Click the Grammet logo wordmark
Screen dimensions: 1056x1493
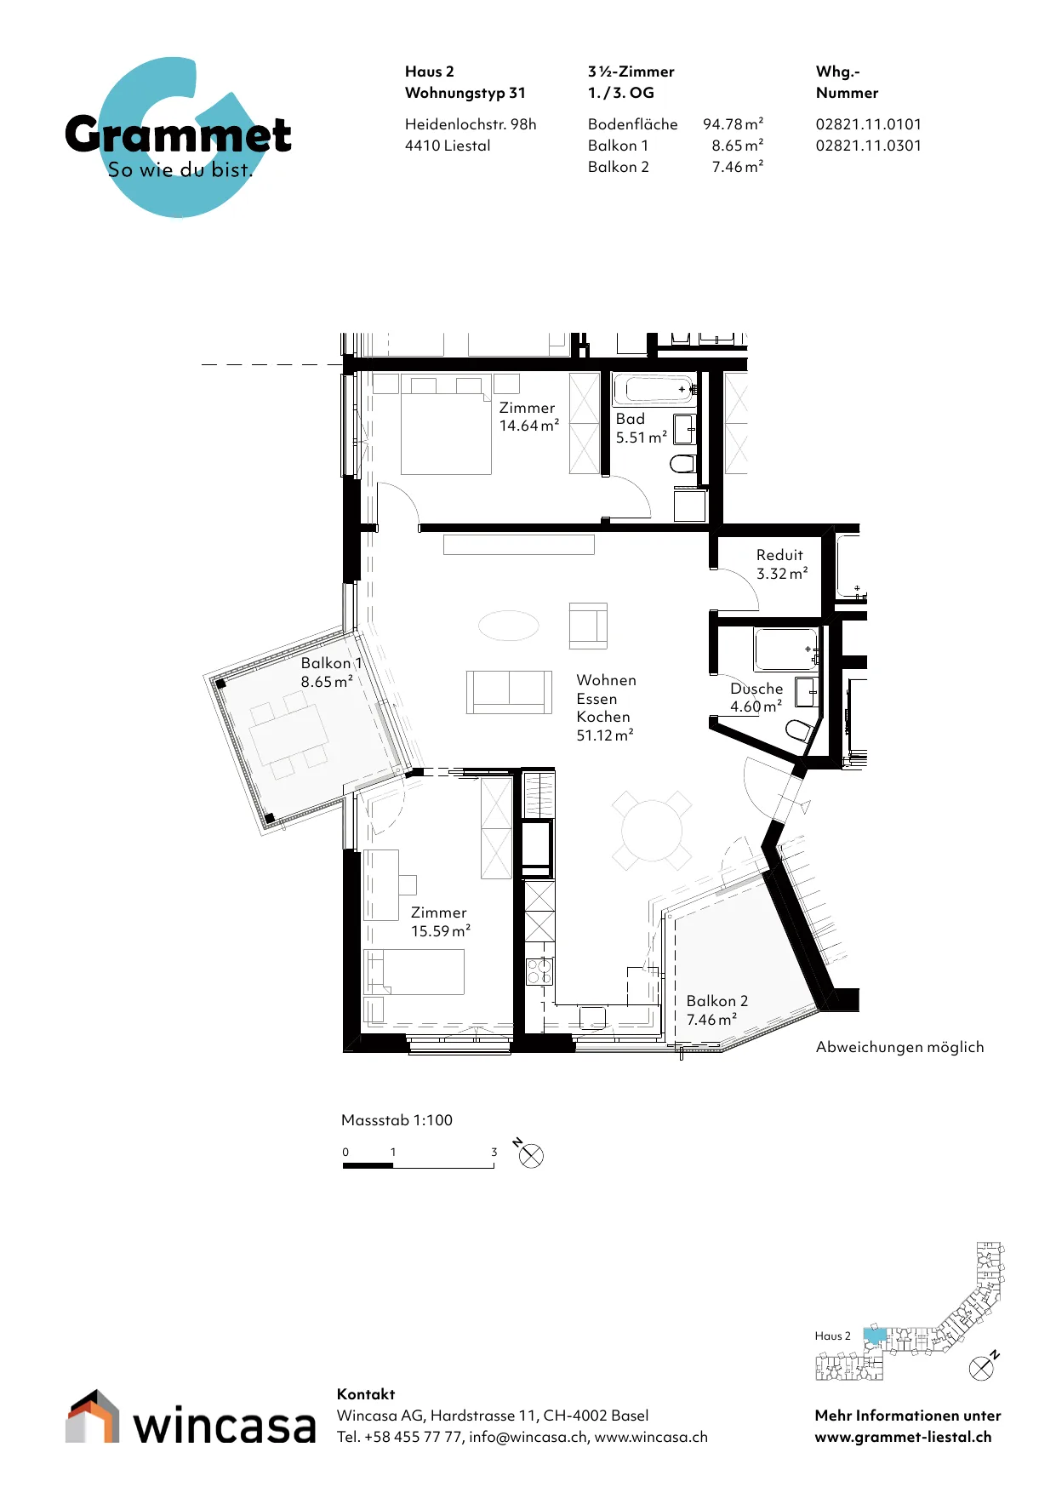(178, 134)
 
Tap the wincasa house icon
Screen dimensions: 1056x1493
(92, 1416)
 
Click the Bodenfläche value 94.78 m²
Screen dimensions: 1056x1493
(733, 124)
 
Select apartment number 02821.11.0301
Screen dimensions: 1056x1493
(868, 146)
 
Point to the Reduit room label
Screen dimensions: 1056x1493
(779, 555)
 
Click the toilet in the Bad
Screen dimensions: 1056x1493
(683, 464)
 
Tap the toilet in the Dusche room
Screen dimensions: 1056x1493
(798, 730)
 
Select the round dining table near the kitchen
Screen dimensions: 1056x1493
(652, 831)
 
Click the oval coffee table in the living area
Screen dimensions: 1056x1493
(509, 626)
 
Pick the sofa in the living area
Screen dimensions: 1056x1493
(509, 691)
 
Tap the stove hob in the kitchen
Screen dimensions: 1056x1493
(539, 970)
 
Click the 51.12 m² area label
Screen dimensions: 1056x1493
(605, 735)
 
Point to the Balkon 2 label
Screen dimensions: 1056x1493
(717, 1001)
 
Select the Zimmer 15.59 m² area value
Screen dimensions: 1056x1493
(441, 931)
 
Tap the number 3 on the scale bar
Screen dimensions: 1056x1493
(494, 1152)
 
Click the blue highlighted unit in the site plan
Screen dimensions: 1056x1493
(875, 1336)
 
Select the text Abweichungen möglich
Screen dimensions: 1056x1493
(899, 1047)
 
